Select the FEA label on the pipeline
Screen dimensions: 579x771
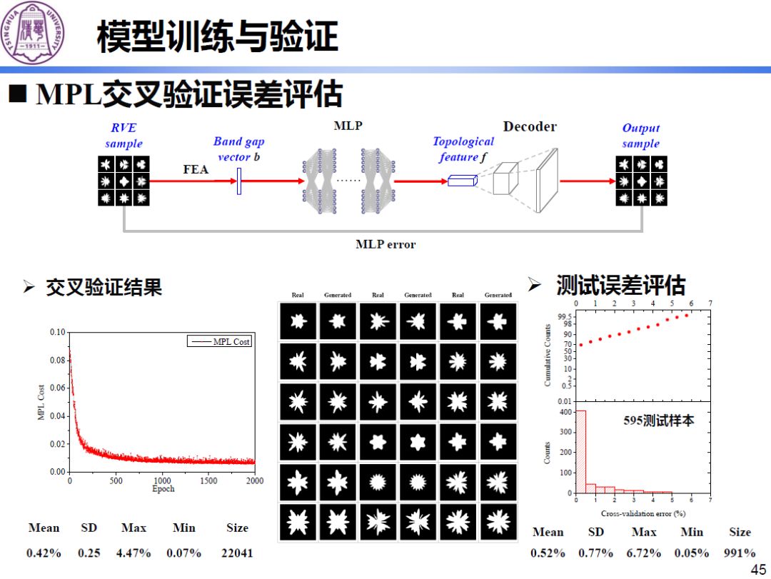click(196, 169)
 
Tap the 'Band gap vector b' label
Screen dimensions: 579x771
click(238, 149)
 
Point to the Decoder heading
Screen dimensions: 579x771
click(530, 127)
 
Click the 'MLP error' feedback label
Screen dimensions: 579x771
click(385, 244)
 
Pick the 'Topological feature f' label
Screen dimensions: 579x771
click(463, 149)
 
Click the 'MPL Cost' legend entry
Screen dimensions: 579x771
click(231, 342)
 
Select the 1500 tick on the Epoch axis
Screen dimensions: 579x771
click(208, 481)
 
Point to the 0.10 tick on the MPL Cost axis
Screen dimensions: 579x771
click(57, 333)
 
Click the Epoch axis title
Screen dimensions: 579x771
click(163, 489)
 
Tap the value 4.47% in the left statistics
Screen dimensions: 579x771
click(133, 553)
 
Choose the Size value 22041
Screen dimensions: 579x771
click(238, 553)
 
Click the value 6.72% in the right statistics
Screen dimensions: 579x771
click(644, 553)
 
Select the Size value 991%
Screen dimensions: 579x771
click(740, 553)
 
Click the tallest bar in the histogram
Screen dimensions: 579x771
click(581, 451)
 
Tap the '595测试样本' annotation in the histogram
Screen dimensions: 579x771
click(658, 421)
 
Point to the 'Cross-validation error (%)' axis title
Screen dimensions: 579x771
click(643, 513)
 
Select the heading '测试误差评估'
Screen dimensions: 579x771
click(620, 286)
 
